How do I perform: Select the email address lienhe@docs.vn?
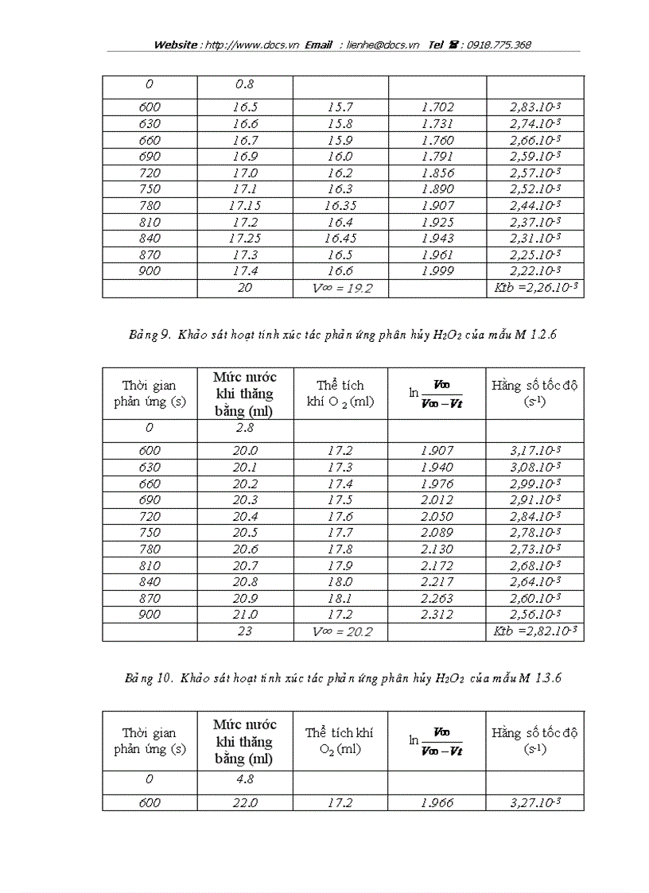pyautogui.click(x=383, y=45)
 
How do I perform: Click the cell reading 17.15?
pyautogui.click(x=245, y=205)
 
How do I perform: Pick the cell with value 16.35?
pyautogui.click(x=340, y=205)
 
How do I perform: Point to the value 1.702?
pyautogui.click(x=437, y=107)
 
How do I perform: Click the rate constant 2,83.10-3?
pyautogui.click(x=535, y=107)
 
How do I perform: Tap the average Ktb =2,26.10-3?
pyautogui.click(x=535, y=288)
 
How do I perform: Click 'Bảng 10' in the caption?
pyautogui.click(x=149, y=678)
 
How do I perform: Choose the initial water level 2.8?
pyautogui.click(x=245, y=428)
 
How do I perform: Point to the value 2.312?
pyautogui.click(x=437, y=615)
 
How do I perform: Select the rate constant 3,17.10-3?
pyautogui.click(x=535, y=451)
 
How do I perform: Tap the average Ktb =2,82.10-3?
pyautogui.click(x=535, y=632)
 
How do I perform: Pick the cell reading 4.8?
pyautogui.click(x=245, y=780)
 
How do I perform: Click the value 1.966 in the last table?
pyautogui.click(x=437, y=802)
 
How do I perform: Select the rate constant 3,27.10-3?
pyautogui.click(x=535, y=802)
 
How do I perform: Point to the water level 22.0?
pyautogui.click(x=245, y=802)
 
